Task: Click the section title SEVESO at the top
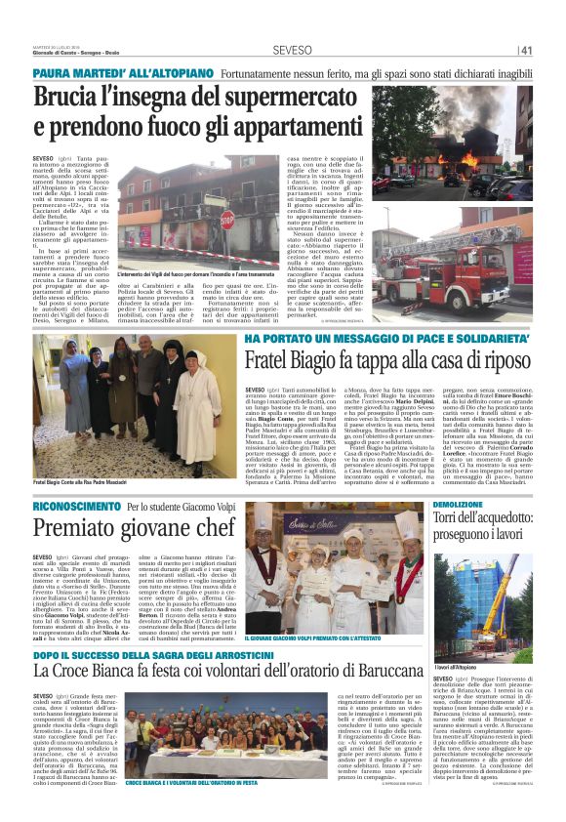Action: coord(292,50)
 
